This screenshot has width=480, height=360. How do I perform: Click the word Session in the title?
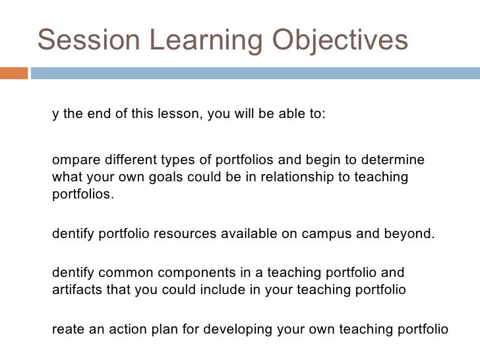click(x=84, y=41)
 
